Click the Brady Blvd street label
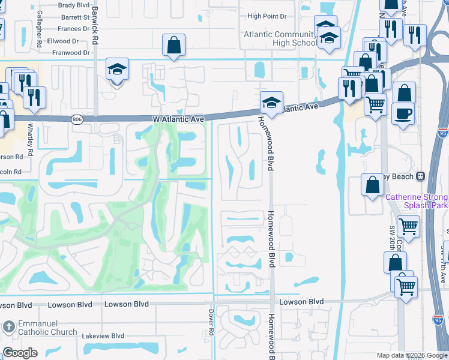(x=74, y=5)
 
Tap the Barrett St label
(x=74, y=17)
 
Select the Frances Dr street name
(x=70, y=29)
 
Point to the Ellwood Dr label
(x=63, y=41)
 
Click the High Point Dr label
(x=267, y=16)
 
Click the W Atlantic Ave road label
(x=178, y=119)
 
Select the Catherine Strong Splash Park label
(x=417, y=200)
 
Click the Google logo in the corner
(x=20, y=353)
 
